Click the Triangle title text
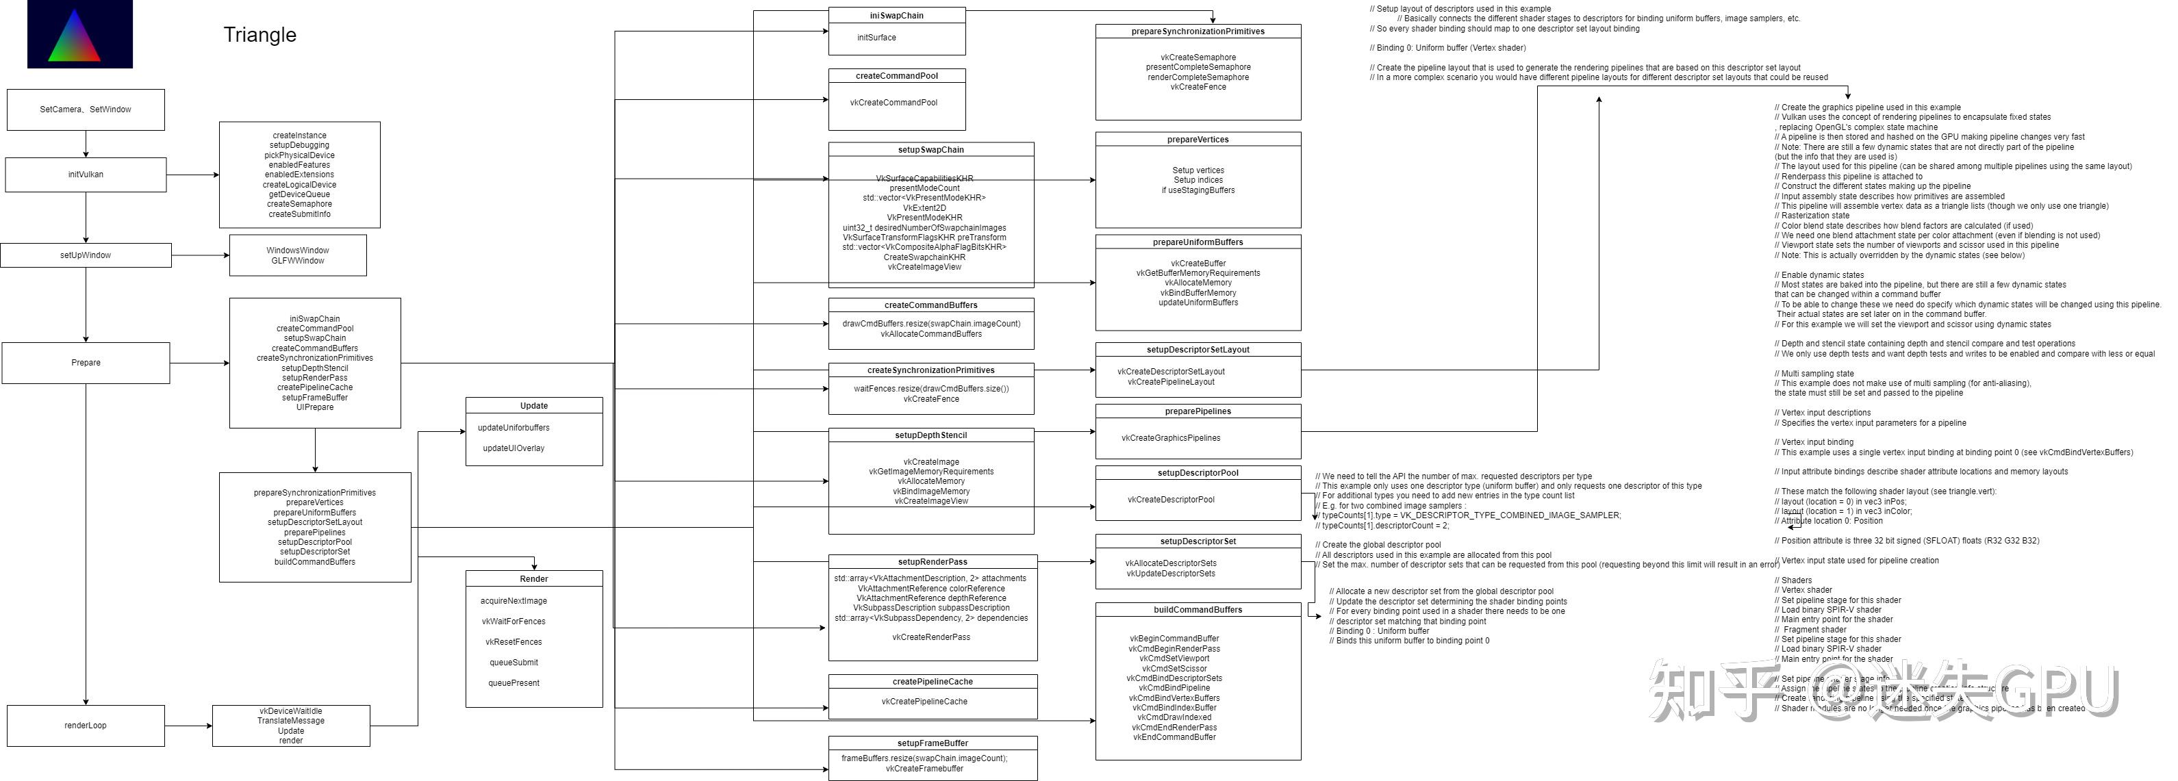tap(259, 35)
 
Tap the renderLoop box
tap(86, 726)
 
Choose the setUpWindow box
tap(86, 255)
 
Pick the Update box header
tap(533, 406)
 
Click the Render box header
tap(533, 579)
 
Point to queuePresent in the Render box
tap(514, 683)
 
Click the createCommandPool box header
tap(896, 76)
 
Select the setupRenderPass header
tap(932, 562)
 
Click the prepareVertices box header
tap(1198, 140)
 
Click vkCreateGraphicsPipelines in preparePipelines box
tap(1170, 438)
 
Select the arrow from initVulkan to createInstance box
tap(193, 175)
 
